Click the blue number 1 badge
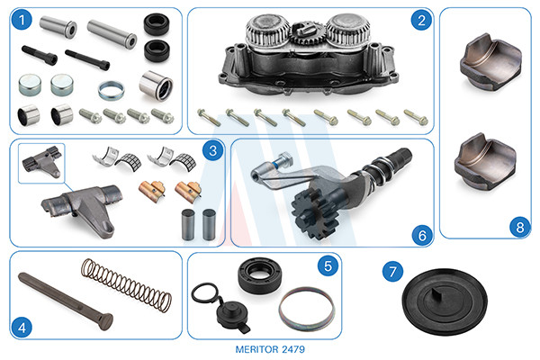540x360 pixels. (22, 20)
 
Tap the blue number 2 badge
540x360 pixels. (421, 20)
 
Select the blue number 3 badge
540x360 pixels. (212, 150)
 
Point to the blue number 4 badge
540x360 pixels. (22, 328)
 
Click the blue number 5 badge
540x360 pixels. (328, 265)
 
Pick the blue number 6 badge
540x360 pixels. (422, 235)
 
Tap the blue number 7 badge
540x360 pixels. (392, 272)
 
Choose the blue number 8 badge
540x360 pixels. (519, 227)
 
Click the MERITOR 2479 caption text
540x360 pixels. (270, 349)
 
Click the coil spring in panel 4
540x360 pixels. (126, 285)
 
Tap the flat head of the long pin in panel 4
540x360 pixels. (105, 321)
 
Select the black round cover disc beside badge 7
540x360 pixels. (445, 301)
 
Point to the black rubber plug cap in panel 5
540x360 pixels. (231, 314)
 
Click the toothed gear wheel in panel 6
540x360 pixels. (314, 213)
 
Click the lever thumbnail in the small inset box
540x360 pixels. (42, 161)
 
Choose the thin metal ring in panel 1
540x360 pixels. (111, 90)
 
